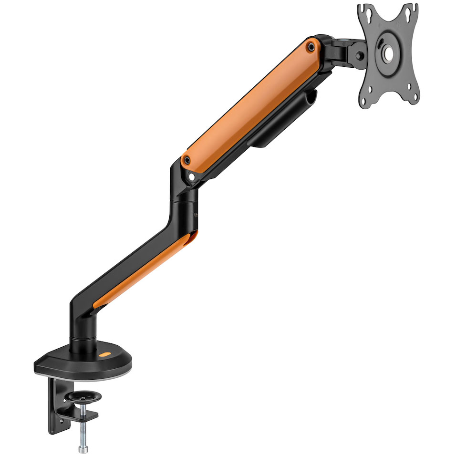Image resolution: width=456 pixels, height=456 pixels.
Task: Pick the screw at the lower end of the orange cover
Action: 188,160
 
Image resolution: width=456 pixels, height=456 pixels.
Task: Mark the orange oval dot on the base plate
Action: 105,355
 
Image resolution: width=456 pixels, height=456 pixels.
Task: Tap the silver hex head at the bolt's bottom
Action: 84,448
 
